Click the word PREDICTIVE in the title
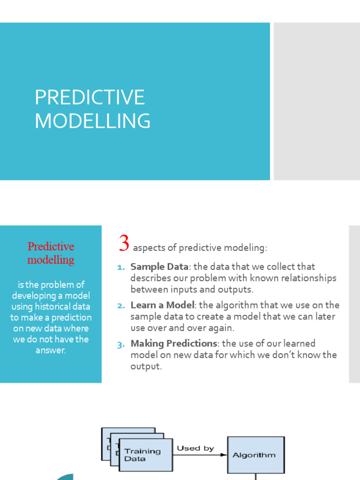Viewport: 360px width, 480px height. [x=90, y=97]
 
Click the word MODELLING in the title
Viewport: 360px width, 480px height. [x=92, y=121]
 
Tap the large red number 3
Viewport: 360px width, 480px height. [x=124, y=244]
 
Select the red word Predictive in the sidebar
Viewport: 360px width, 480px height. [x=51, y=247]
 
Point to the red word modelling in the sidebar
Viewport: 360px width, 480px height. [x=51, y=260]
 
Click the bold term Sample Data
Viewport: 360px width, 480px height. [x=159, y=267]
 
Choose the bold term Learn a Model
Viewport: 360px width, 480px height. [x=162, y=305]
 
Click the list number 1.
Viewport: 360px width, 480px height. [x=120, y=267]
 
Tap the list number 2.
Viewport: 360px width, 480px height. [x=120, y=306]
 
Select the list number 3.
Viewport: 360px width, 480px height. [x=120, y=344]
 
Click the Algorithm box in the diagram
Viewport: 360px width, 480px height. [x=255, y=455]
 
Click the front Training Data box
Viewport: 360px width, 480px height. [x=145, y=455]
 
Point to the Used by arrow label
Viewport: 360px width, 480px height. [x=195, y=448]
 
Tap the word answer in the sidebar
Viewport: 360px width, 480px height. [x=51, y=350]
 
